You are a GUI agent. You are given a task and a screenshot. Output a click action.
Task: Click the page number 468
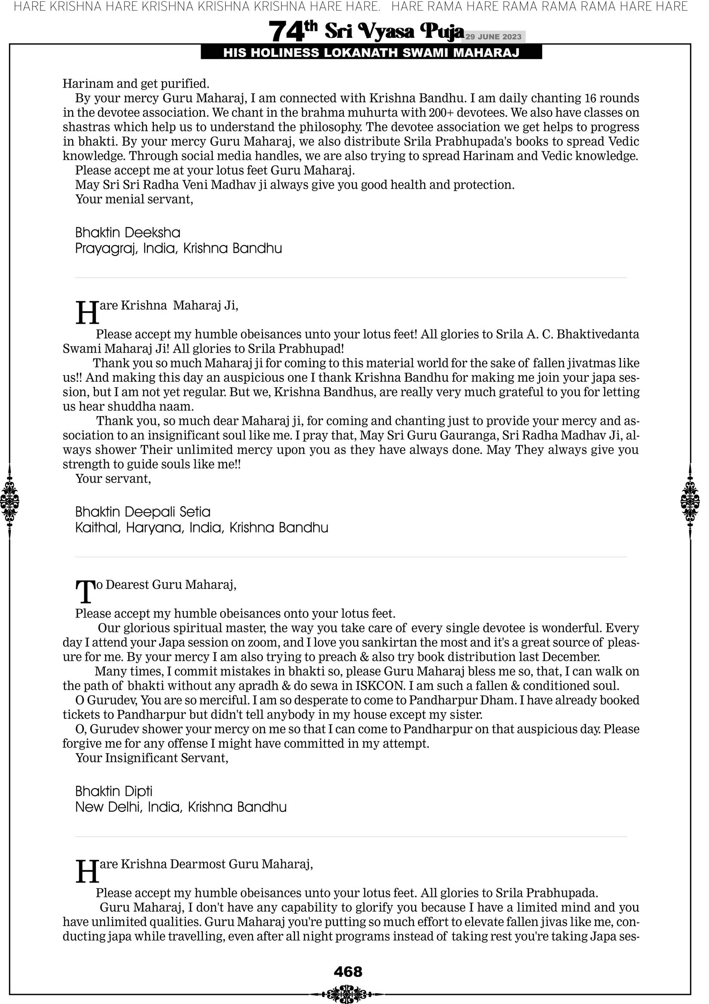[348, 972]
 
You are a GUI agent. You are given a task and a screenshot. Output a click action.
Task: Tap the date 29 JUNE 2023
[493, 37]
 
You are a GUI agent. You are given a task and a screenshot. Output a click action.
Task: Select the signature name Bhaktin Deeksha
[128, 232]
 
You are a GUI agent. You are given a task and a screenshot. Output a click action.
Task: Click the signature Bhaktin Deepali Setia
[143, 512]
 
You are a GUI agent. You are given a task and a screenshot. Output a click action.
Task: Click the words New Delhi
[109, 807]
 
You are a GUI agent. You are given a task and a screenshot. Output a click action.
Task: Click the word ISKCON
[379, 685]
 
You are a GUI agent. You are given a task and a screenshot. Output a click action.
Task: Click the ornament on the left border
[9, 501]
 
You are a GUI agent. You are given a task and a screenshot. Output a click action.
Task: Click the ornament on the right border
[690, 501]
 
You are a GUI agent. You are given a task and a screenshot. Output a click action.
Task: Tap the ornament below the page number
[348, 993]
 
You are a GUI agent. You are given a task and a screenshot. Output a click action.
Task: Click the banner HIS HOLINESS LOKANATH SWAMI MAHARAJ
[371, 53]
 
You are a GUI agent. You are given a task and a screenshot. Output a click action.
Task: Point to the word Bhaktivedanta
[598, 334]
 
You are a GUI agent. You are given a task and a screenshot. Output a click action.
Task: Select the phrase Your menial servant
[134, 199]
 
